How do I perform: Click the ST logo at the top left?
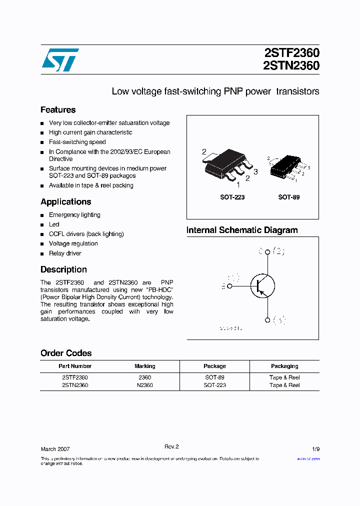60,60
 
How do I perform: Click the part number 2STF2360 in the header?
291,53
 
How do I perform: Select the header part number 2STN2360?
291,65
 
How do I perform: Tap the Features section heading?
58,110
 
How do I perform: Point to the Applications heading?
65,202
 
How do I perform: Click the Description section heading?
63,269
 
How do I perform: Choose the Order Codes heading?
66,353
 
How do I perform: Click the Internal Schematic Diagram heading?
242,230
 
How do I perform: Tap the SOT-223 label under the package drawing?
232,197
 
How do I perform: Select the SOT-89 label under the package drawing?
289,197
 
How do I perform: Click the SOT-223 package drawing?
228,165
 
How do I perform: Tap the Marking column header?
145,366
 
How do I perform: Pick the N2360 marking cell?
145,385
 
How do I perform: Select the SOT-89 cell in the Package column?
214,377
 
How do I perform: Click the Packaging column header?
284,366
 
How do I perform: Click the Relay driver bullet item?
65,253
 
